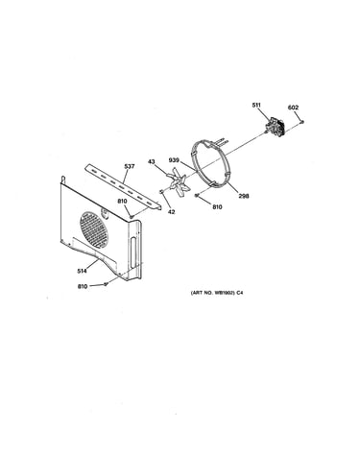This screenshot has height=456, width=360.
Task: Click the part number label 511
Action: click(256, 105)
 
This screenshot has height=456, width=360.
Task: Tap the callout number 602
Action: click(293, 108)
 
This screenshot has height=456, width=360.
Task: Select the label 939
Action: click(175, 160)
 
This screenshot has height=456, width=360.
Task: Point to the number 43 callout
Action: click(152, 162)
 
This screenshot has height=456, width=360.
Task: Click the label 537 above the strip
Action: click(130, 166)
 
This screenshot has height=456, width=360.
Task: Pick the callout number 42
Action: click(172, 212)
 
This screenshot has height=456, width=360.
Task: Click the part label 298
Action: click(244, 196)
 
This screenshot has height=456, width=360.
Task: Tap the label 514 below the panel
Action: click(82, 271)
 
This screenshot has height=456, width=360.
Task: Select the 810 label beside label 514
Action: click(83, 286)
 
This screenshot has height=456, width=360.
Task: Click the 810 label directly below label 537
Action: click(122, 201)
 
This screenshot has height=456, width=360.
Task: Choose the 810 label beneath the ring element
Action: click(217, 207)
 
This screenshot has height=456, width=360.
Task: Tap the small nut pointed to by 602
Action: click(301, 122)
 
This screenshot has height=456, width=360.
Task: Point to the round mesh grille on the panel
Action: click(94, 229)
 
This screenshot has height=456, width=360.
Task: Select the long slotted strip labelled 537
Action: click(123, 186)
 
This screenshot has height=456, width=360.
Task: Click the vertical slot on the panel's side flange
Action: click(132, 252)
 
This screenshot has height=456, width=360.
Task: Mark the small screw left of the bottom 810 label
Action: click(106, 284)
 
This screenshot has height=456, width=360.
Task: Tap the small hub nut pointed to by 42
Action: click(161, 191)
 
